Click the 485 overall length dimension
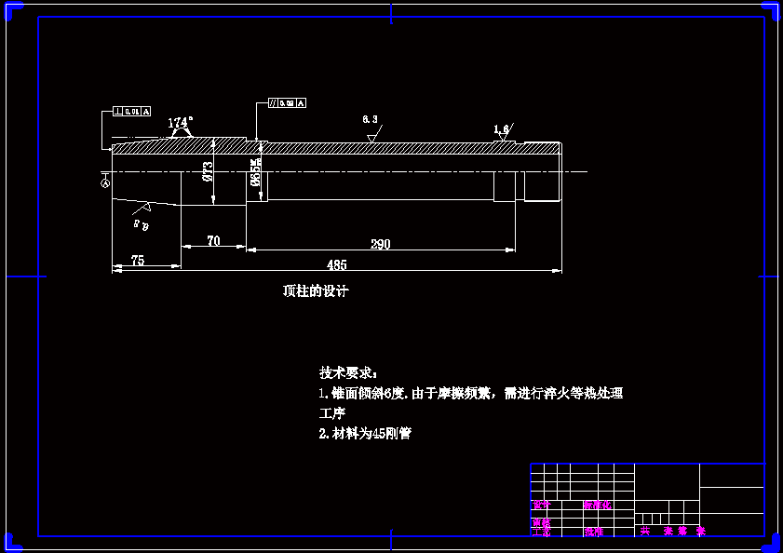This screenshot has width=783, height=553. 337,265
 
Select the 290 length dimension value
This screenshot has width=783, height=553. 380,245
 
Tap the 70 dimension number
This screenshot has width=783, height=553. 213,241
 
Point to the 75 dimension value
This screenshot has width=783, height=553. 138,262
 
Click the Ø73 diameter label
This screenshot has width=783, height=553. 208,170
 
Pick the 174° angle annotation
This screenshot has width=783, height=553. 181,122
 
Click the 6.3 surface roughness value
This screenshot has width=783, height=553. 370,120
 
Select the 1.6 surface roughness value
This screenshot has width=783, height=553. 501,129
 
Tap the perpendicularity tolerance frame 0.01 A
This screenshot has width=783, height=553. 131,111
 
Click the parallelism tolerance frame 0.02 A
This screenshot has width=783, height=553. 287,102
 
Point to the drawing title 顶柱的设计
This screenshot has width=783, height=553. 316,290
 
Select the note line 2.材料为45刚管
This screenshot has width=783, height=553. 364,434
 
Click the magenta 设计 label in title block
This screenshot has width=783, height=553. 541,506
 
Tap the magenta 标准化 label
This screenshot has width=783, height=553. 598,506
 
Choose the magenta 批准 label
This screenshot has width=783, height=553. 594,533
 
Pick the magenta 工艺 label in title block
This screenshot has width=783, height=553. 541,533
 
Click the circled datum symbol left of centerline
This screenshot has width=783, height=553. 104,182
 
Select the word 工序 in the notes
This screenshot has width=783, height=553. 332,413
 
